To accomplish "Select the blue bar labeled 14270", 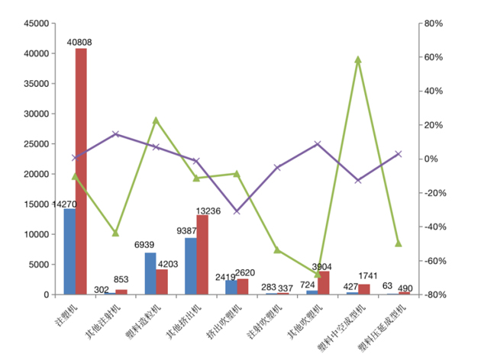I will [69, 252].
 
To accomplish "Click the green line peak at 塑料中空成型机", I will [358, 59].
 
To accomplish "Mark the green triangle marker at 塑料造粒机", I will [156, 121].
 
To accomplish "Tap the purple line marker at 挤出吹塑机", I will [237, 211].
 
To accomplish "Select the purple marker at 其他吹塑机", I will [318, 143].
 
